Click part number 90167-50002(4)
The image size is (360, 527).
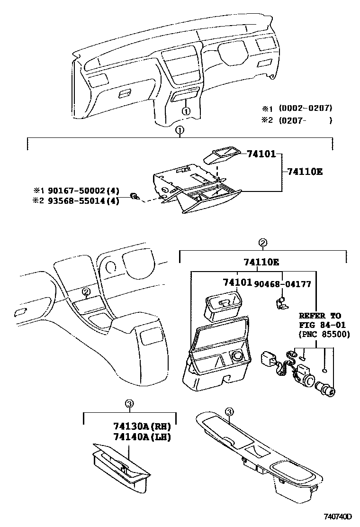pos(82,191)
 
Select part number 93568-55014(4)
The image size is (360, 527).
pos(82,200)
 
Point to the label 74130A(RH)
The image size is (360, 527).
pos(142,426)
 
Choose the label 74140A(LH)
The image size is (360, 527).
pos(142,436)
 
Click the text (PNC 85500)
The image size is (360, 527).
pos(324,334)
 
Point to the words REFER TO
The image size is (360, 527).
pos(320,316)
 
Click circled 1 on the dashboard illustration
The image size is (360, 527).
pos(186,111)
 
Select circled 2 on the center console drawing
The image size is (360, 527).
pos(86,292)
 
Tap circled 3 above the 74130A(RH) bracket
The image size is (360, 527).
pos(129,404)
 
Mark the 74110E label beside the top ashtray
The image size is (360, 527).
pos(305,172)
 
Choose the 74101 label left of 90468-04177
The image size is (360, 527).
pos(237,283)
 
